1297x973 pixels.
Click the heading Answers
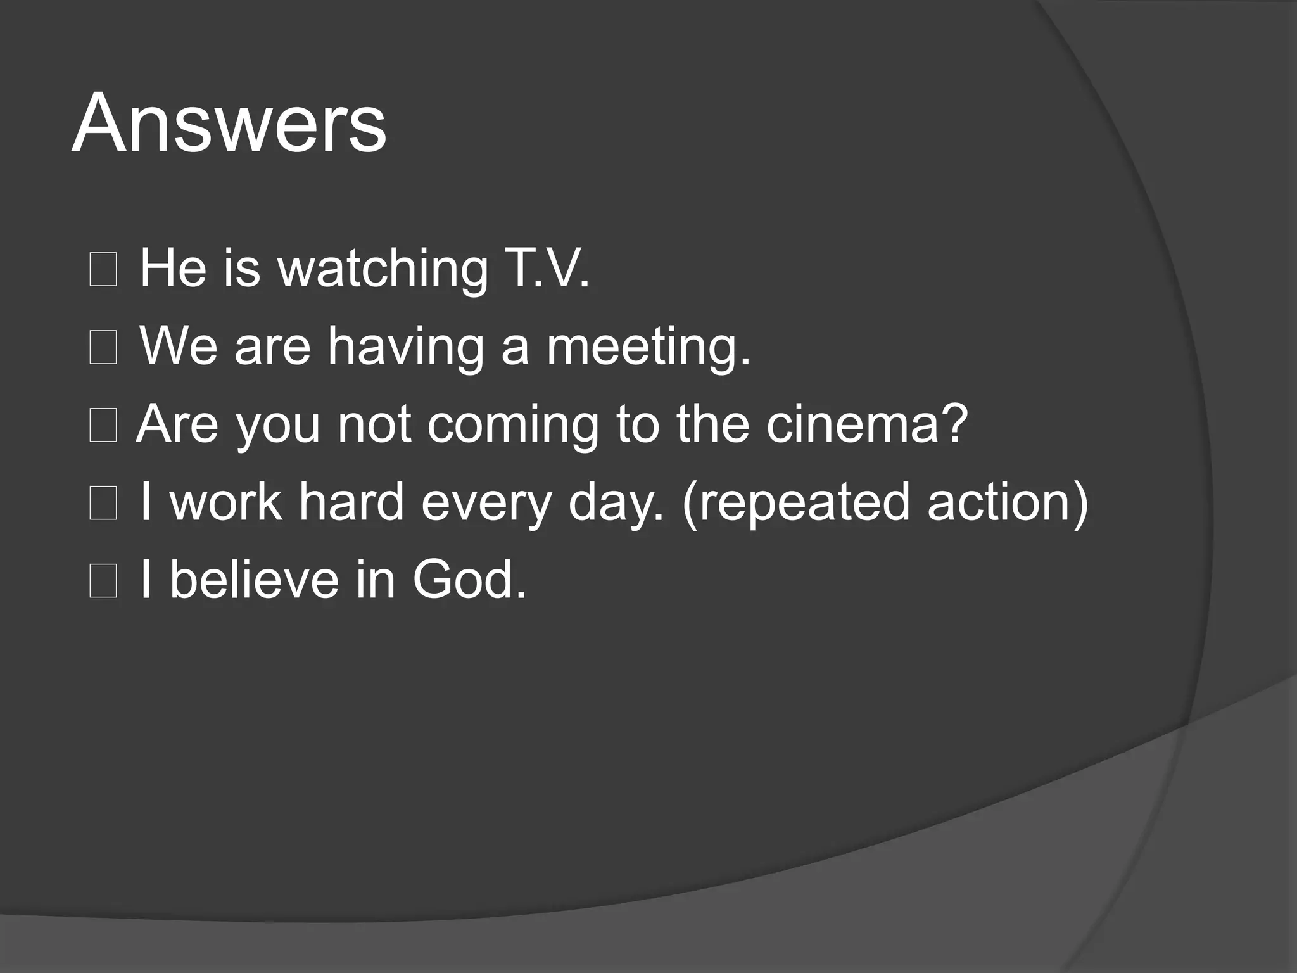pos(229,124)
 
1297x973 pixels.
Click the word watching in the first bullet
pos(383,269)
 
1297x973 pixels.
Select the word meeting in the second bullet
pos(648,347)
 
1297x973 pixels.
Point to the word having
pos(405,347)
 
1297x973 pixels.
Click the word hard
pos(351,502)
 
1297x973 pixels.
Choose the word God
pos(469,580)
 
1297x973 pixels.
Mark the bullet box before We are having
pos(103,348)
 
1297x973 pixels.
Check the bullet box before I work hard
pos(103,504)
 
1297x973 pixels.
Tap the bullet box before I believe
pos(103,582)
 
